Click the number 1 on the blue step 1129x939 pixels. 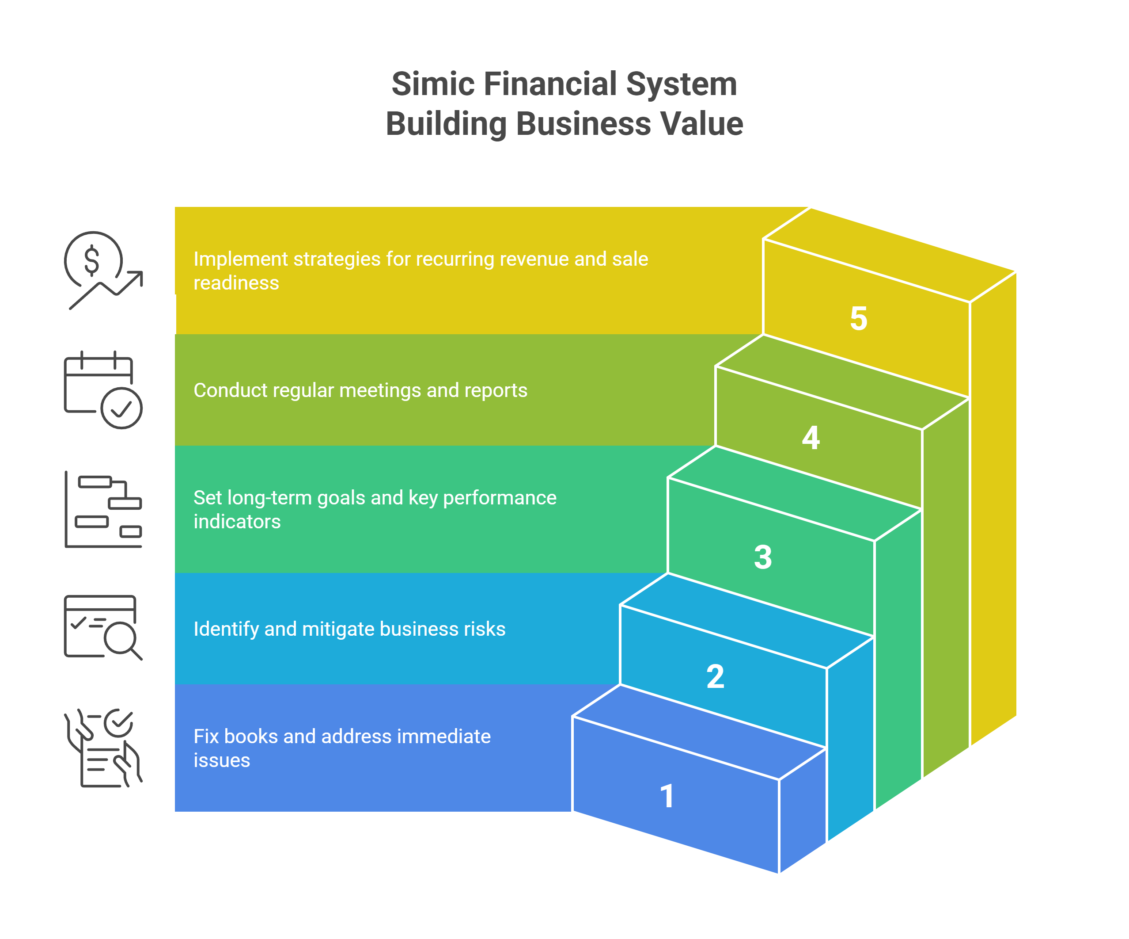[x=667, y=796]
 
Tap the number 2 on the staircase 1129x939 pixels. [x=715, y=676]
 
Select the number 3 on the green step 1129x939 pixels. [x=763, y=557]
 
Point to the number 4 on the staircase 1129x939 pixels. [x=811, y=438]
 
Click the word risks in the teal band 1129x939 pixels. [x=486, y=629]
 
